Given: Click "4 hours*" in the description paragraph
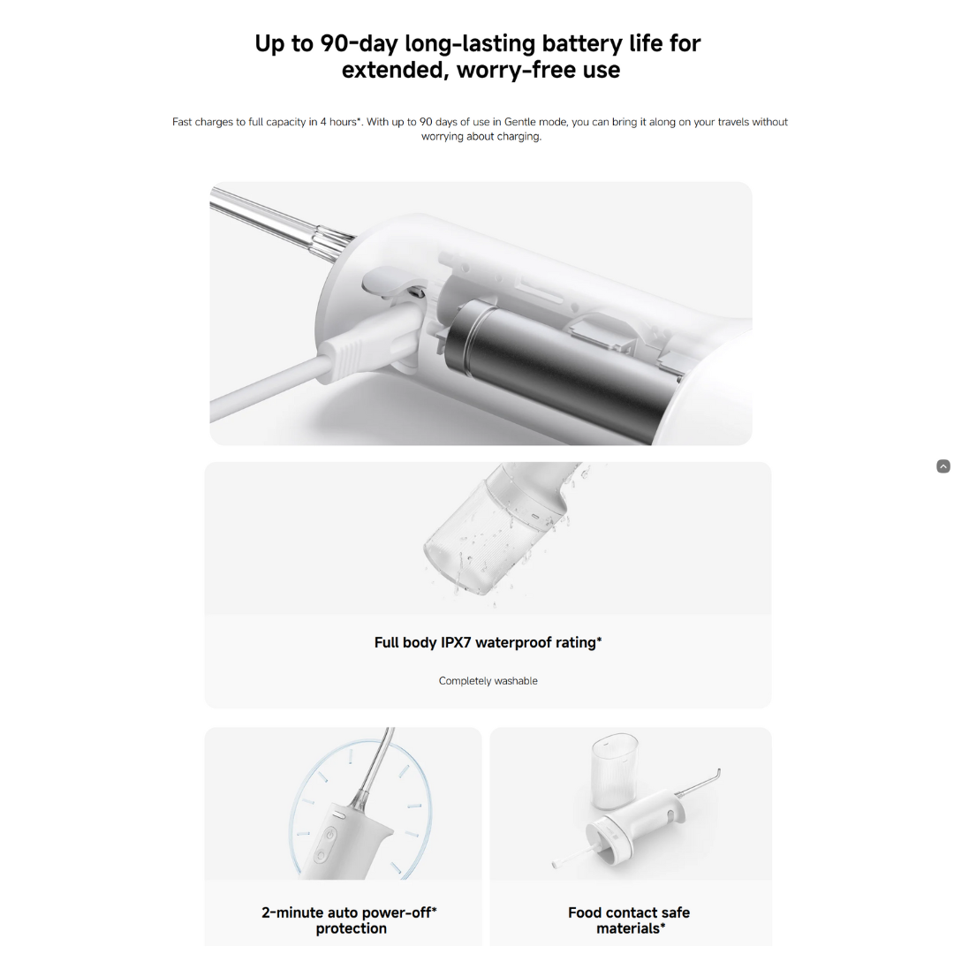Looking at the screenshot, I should [x=340, y=122].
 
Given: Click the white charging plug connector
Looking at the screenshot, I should [x=371, y=344].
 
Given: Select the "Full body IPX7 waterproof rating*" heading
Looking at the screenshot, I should [x=488, y=642].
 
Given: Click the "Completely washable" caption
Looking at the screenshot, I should [x=488, y=681].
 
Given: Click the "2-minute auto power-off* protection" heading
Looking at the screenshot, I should [x=350, y=920].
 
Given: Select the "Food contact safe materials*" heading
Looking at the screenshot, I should [x=629, y=920].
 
